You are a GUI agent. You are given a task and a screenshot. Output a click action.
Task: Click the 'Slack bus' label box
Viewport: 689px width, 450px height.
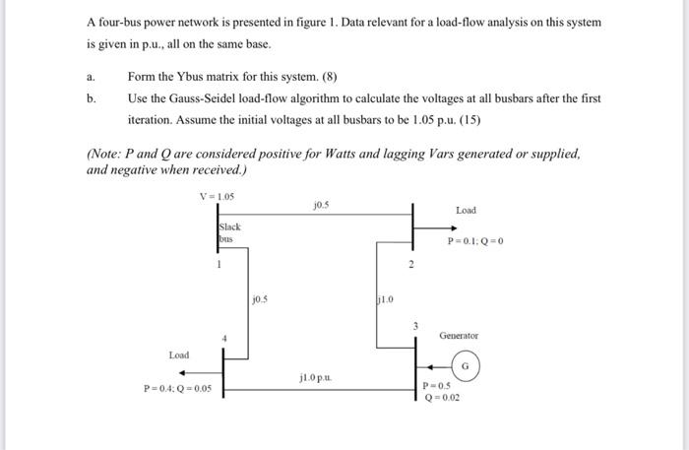click(229, 232)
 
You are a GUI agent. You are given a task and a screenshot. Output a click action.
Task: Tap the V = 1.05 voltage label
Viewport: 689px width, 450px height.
click(217, 195)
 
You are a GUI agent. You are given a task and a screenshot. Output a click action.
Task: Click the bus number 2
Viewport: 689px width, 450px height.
click(411, 266)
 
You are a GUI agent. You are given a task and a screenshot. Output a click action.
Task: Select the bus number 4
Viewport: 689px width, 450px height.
click(224, 339)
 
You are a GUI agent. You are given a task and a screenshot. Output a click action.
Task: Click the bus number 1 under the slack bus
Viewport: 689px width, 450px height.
click(220, 262)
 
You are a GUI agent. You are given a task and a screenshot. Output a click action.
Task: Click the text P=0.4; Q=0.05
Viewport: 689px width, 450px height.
click(177, 388)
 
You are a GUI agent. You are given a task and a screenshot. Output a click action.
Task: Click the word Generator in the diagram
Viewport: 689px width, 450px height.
click(460, 335)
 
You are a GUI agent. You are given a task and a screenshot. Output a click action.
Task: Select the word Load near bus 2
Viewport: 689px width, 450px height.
click(466, 210)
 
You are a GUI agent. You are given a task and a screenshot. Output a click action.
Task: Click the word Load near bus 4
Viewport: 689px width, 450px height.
click(178, 354)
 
